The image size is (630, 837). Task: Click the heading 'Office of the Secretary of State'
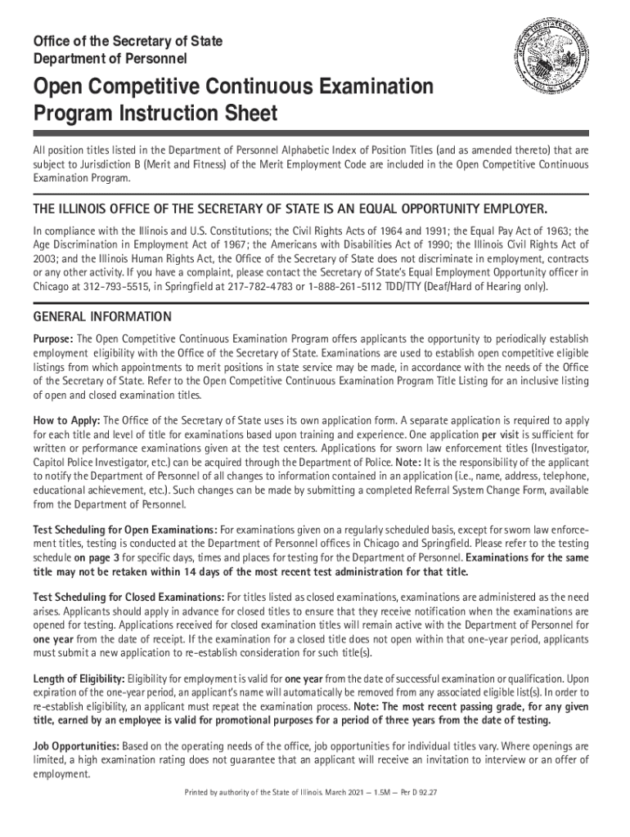(x=127, y=41)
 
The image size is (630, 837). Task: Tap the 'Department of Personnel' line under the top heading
(x=110, y=59)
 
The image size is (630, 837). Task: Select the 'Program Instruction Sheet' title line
(x=155, y=114)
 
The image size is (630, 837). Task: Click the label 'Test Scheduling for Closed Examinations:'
(x=128, y=597)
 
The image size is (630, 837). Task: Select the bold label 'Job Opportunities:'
(x=76, y=746)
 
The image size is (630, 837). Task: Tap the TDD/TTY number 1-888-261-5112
(x=348, y=288)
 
